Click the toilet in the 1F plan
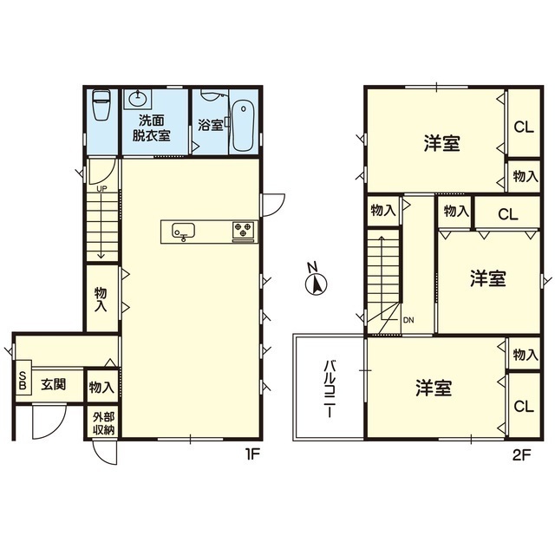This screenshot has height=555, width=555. click(x=101, y=105)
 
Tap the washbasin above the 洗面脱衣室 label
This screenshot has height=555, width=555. click(x=139, y=98)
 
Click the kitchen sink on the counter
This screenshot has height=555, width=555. click(x=183, y=232)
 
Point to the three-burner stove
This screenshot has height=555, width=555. click(x=244, y=230)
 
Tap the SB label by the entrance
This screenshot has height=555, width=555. click(x=23, y=381)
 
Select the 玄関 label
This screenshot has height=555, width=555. click(x=54, y=384)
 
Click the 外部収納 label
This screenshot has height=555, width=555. click(x=103, y=423)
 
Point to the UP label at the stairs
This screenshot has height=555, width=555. click(x=101, y=189)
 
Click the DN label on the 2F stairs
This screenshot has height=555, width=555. click(x=408, y=320)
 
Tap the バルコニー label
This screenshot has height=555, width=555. click(x=330, y=389)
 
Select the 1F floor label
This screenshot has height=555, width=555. click(x=252, y=454)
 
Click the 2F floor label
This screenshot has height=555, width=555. click(x=522, y=455)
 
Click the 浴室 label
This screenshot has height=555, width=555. click(x=211, y=125)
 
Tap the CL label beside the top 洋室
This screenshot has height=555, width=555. click(x=524, y=127)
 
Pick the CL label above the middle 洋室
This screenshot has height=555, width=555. click(x=508, y=214)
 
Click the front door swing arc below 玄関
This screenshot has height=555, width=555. click(x=49, y=426)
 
